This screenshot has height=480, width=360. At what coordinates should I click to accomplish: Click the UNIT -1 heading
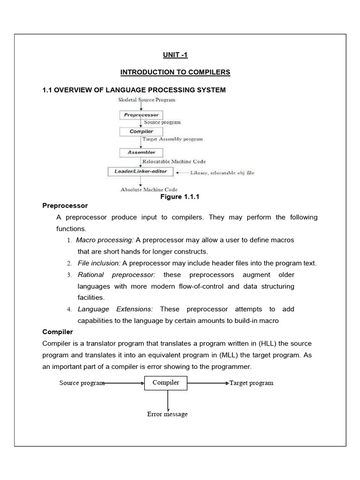175,55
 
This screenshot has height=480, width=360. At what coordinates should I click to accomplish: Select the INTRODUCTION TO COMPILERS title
175,72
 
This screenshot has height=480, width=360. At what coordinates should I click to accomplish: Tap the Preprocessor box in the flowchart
141,114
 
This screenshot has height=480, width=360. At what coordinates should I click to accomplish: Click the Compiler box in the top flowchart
141,132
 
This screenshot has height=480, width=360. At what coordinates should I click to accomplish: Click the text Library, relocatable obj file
222,172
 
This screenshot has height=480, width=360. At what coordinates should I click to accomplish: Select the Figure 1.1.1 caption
180,197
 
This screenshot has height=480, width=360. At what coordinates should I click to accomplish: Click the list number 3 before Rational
68,275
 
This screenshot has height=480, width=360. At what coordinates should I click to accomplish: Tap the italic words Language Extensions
115,309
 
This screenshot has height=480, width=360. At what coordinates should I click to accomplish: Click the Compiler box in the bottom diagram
166,383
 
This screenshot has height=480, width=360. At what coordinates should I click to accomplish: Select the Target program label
251,383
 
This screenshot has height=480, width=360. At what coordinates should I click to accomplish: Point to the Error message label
167,414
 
